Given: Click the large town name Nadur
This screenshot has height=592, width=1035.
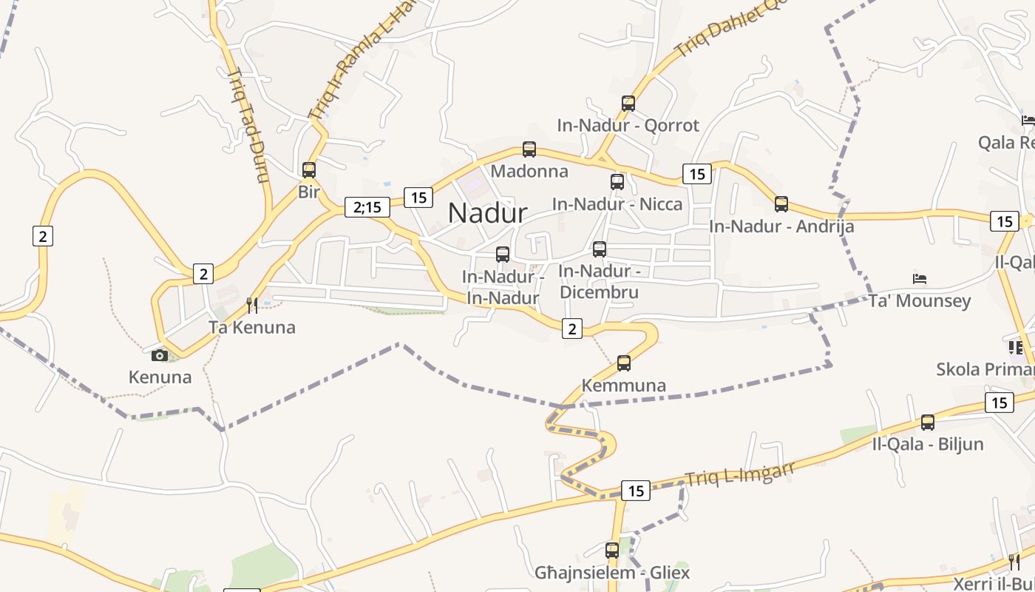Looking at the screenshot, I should (x=487, y=213).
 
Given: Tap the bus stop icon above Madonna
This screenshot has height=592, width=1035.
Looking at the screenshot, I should (x=529, y=149).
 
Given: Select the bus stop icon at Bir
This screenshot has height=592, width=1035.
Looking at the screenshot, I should (x=309, y=170).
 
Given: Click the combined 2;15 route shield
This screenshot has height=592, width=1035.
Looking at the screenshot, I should (x=367, y=207).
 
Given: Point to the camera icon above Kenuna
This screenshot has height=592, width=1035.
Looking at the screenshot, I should (x=160, y=355).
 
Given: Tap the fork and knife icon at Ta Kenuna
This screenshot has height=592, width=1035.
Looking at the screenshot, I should (x=252, y=305).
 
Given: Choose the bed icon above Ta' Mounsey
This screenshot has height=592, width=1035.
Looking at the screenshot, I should (x=920, y=279).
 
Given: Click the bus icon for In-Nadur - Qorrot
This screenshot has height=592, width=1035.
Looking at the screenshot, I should (x=628, y=104).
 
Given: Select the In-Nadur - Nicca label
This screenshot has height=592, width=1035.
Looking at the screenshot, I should (x=617, y=203).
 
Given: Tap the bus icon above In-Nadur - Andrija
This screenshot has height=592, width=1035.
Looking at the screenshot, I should (x=781, y=204).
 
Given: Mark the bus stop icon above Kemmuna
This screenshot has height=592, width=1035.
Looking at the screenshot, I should (x=624, y=363).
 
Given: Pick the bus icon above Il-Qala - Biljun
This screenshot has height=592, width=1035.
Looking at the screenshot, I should (x=928, y=423).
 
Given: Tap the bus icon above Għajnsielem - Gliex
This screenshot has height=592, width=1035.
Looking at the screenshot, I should (x=612, y=551).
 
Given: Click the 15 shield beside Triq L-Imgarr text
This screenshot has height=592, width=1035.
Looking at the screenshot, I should (x=635, y=491).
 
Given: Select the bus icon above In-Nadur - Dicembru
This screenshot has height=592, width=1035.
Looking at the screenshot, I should (x=600, y=249).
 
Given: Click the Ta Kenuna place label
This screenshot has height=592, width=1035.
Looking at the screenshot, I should (x=251, y=327).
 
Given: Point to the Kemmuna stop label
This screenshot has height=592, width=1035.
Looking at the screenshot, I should (x=624, y=386).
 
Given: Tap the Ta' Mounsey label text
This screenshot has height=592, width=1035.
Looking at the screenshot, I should (x=920, y=301).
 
